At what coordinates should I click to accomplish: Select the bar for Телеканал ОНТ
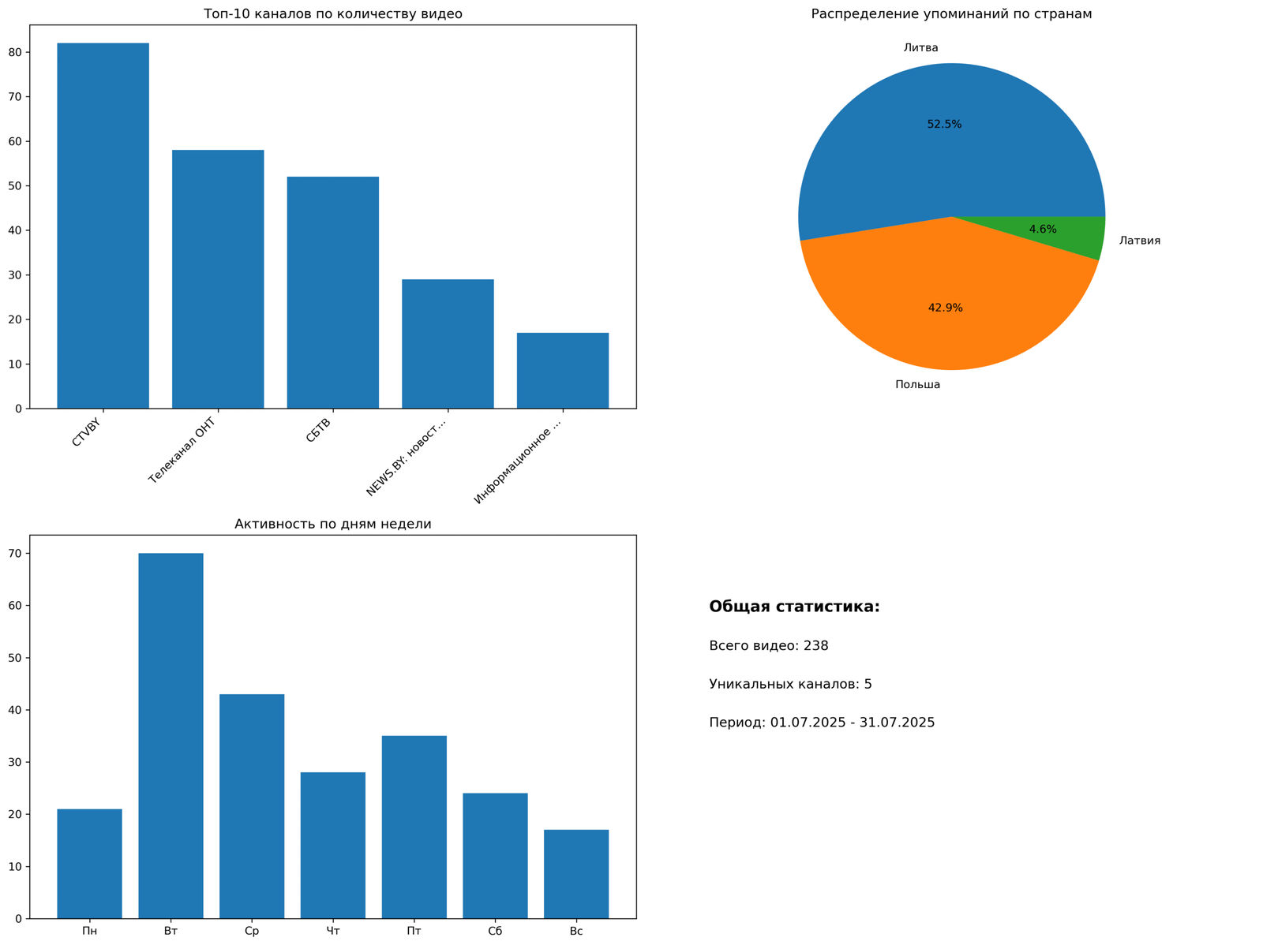(218, 279)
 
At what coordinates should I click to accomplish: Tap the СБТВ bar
(332, 293)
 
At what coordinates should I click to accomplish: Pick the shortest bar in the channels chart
(562, 371)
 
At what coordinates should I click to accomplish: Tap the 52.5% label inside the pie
(944, 125)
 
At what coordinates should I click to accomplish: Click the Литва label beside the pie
(920, 48)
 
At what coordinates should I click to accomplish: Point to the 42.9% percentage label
(945, 308)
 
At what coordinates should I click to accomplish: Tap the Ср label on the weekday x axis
(252, 932)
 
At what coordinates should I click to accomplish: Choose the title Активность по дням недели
(332, 524)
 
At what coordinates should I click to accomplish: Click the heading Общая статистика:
(794, 607)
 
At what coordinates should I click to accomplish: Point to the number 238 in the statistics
(815, 646)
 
